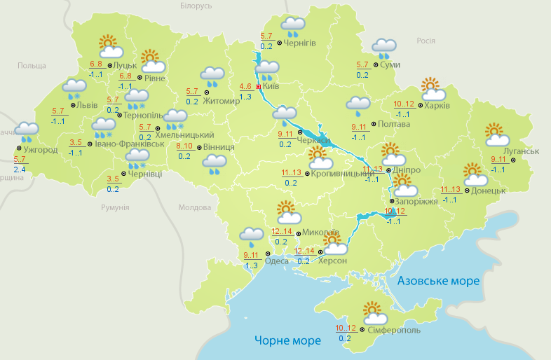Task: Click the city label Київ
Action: pos(271,87)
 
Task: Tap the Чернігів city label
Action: pos(300,43)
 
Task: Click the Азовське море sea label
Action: pos(438,281)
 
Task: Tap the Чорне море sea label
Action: pos(287,341)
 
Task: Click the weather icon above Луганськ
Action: pos(496,135)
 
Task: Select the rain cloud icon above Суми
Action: pos(384,48)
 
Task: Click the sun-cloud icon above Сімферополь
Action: pos(372,312)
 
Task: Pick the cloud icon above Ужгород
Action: pos(27,132)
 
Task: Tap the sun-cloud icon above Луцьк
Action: pos(110,46)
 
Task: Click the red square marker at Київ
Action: pos(259,87)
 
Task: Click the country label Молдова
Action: pos(194,208)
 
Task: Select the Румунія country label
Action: pos(115,208)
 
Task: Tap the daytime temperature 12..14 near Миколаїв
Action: pos(281,231)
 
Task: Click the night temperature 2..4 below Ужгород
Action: pos(19,169)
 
